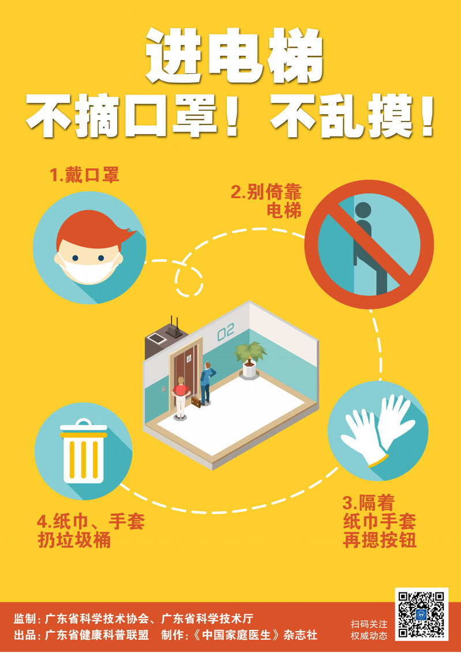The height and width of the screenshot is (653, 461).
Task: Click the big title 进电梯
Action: pyautogui.click(x=234, y=56)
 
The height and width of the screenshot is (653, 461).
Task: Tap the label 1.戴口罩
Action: pyautogui.click(x=85, y=175)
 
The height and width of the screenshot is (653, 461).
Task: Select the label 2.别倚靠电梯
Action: pyautogui.click(x=267, y=202)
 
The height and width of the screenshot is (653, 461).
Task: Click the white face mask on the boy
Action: pyautogui.click(x=89, y=269)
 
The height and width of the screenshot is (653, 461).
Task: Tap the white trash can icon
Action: pyautogui.click(x=83, y=451)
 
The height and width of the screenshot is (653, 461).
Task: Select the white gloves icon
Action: pyautogui.click(x=378, y=428)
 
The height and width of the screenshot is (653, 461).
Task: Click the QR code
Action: pyautogui.click(x=421, y=614)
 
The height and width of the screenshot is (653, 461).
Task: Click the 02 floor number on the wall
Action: pyautogui.click(x=226, y=332)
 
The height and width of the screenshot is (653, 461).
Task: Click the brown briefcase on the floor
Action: pyautogui.click(x=196, y=402)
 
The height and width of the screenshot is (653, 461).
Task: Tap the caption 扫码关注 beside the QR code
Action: pyautogui.click(x=369, y=624)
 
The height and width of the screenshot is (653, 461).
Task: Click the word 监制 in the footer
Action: pyautogui.click(x=25, y=618)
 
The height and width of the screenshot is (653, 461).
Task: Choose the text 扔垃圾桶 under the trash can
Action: pyautogui.click(x=74, y=540)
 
